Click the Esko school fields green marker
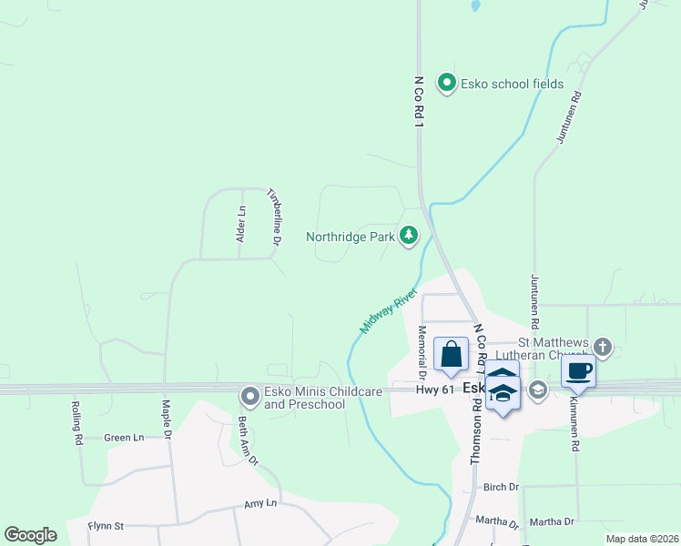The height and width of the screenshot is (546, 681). tap(446, 84)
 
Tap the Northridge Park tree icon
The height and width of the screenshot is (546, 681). tap(410, 237)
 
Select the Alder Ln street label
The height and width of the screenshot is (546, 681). tap(241, 224)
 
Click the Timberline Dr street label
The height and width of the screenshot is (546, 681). tap(272, 216)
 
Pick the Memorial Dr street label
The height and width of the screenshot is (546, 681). tap(422, 351)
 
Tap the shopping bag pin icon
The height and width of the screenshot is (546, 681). tap(451, 355)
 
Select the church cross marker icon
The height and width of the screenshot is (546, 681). tap(602, 346)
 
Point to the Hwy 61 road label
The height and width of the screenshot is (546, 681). tap(434, 389)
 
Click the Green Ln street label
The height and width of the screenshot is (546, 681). tap(124, 438)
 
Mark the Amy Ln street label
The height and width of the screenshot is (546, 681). tap(259, 503)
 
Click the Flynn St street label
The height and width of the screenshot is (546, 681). tap(106, 525)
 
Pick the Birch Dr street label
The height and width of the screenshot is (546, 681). tap(501, 487)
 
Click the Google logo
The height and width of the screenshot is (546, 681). tap(31, 535)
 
